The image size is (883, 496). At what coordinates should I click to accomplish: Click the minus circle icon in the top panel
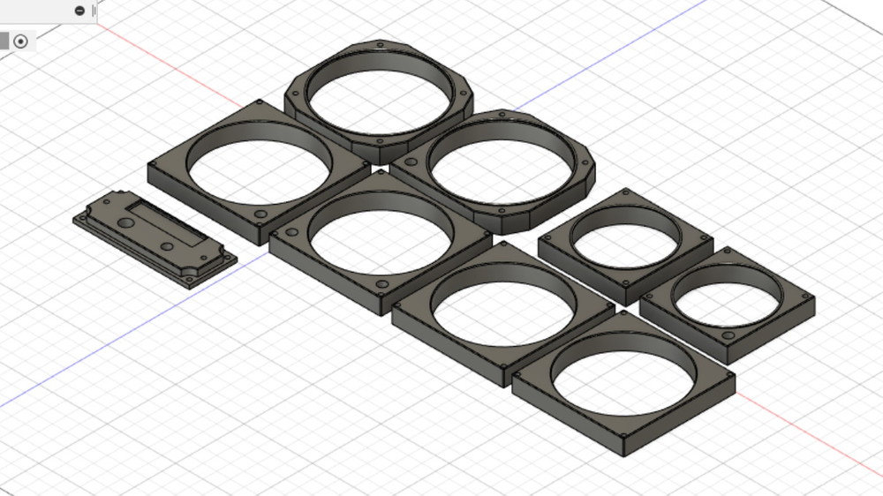click(80, 11)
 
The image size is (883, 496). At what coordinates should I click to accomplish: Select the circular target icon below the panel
click(21, 41)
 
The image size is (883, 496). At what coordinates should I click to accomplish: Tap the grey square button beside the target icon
click(4, 41)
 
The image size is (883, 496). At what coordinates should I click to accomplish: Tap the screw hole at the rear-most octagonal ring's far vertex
click(380, 43)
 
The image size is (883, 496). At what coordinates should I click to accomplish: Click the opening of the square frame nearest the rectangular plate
click(259, 165)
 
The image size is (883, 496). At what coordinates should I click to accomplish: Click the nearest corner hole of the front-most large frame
click(627, 437)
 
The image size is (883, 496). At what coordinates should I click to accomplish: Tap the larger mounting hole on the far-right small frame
click(728, 337)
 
